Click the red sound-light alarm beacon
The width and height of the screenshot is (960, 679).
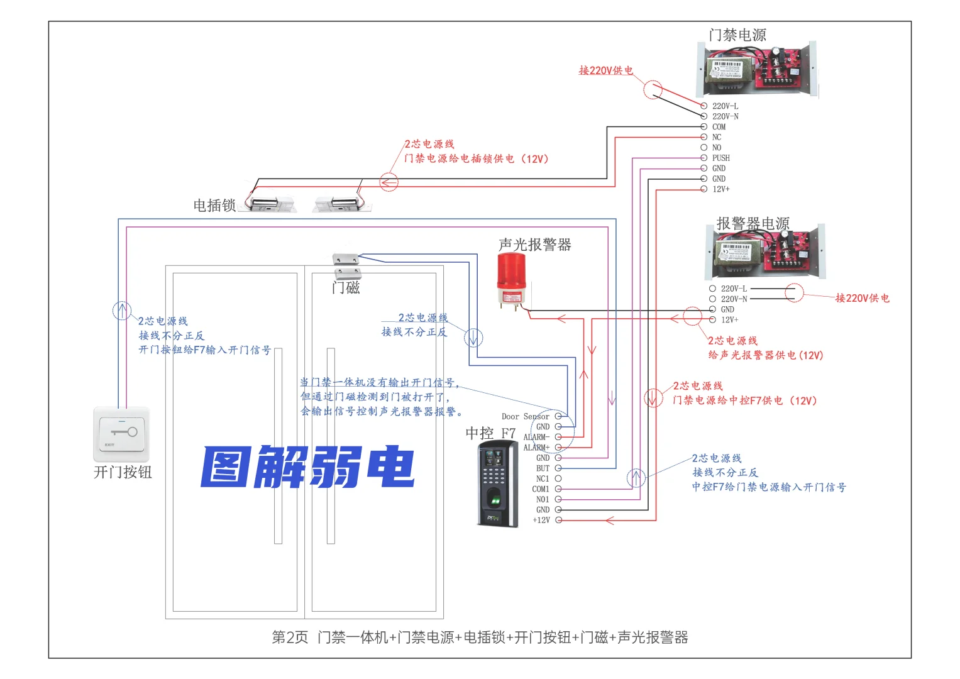pyautogui.click(x=511, y=280)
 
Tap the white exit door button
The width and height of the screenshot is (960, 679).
pyautogui.click(x=122, y=434)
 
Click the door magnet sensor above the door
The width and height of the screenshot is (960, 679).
pyautogui.click(x=346, y=266)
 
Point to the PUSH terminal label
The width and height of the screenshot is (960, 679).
pyautogui.click(x=720, y=158)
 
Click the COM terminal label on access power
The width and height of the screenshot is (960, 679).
pyautogui.click(x=719, y=127)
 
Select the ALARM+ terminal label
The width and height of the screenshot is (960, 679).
pyautogui.click(x=536, y=448)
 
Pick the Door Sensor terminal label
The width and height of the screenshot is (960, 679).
pyautogui.click(x=525, y=416)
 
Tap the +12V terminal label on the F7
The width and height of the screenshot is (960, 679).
pyautogui.click(x=541, y=520)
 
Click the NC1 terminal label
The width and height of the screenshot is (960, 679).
pyautogui.click(x=543, y=478)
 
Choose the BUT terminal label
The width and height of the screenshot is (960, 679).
pyautogui.click(x=543, y=468)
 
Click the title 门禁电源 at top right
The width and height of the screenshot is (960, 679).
pyautogui.click(x=737, y=35)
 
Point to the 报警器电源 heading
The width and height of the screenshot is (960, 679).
pyautogui.click(x=753, y=223)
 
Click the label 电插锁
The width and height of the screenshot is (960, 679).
pyautogui.click(x=214, y=206)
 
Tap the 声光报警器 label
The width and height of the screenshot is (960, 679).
pyautogui.click(x=534, y=245)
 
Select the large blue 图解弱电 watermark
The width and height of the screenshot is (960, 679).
pyautogui.click(x=307, y=466)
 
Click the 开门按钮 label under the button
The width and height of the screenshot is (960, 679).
pyautogui.click(x=123, y=472)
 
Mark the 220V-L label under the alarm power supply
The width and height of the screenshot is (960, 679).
pyautogui.click(x=734, y=289)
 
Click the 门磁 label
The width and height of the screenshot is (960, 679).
pyautogui.click(x=346, y=288)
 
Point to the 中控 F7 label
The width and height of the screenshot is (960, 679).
pyautogui.click(x=490, y=433)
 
